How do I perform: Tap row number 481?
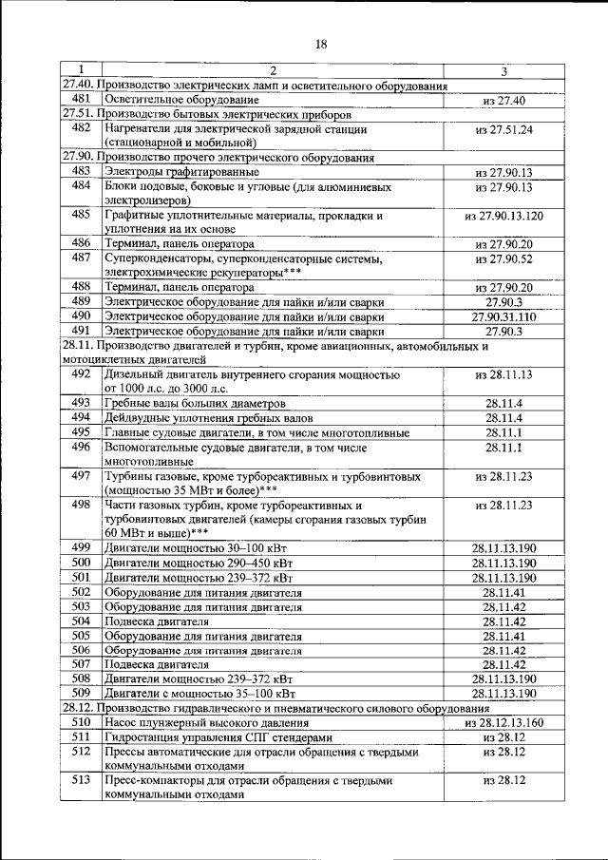(81, 99)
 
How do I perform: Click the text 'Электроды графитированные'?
(182, 172)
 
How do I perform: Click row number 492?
(81, 374)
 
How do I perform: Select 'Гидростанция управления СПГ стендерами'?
(219, 737)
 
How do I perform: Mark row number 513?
(81, 780)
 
